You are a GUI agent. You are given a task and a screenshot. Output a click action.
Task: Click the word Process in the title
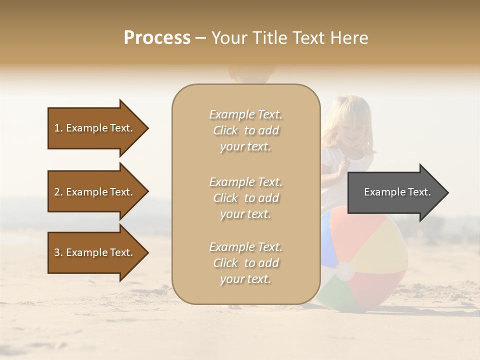point(157,38)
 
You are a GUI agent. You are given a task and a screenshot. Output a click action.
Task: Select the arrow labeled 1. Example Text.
point(95,128)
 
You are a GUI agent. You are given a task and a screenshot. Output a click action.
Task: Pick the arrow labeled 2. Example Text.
point(95,192)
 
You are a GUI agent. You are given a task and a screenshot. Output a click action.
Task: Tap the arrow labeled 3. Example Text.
point(95,252)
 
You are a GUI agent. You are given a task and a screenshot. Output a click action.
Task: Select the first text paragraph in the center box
point(245,130)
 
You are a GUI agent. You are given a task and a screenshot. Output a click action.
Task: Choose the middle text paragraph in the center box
point(245,198)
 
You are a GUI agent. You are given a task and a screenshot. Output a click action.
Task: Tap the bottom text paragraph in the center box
point(245,263)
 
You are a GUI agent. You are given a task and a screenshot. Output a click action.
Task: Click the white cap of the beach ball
point(344,271)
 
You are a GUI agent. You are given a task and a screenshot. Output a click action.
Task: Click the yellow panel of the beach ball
point(380,240)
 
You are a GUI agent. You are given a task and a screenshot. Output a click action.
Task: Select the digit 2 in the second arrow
point(57,192)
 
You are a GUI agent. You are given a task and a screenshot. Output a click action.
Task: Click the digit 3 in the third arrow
point(57,252)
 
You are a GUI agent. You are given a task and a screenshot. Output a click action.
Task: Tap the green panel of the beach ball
point(334,295)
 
